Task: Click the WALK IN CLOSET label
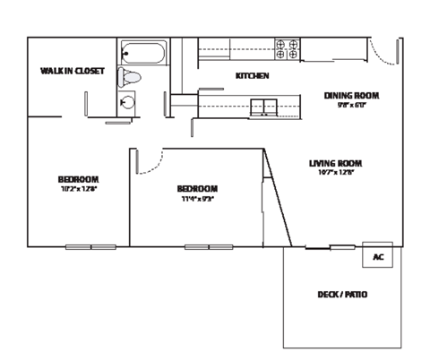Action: point(73,71)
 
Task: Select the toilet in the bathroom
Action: point(131,78)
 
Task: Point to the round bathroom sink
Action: point(130,101)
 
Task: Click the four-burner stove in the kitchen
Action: point(288,48)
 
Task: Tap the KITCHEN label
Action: point(252,76)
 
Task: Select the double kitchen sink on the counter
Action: point(263,107)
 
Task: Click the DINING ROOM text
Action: point(352,95)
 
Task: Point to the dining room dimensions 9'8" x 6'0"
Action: point(352,104)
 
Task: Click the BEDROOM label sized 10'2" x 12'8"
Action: point(78,179)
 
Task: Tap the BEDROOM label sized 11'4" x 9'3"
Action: point(197,188)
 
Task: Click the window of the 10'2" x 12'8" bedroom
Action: point(90,245)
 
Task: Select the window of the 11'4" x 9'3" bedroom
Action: point(209,245)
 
